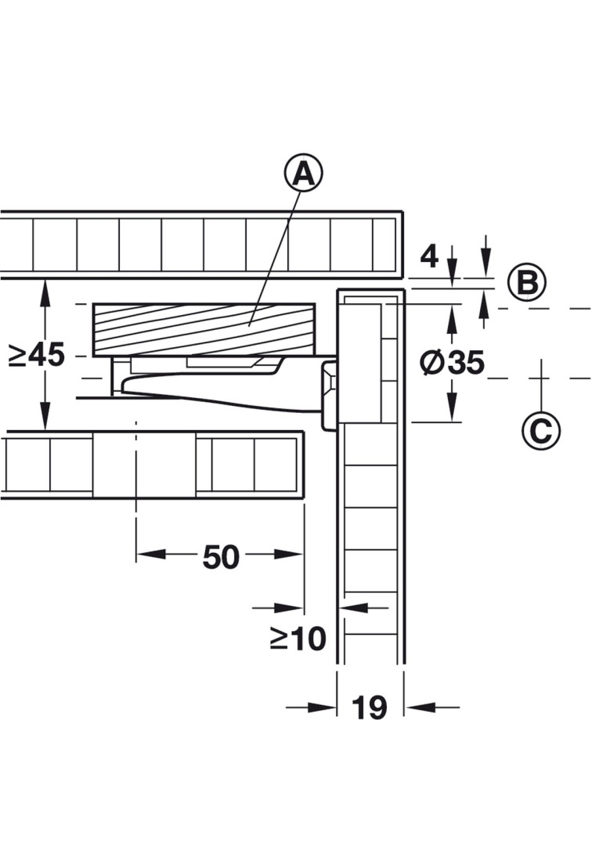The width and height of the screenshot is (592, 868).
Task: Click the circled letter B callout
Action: point(527,283)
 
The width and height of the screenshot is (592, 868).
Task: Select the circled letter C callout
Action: point(541,431)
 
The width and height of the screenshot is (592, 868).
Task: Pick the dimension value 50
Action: point(221,557)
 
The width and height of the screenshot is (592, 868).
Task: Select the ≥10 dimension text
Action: point(298,638)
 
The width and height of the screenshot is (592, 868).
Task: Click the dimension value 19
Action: point(370,708)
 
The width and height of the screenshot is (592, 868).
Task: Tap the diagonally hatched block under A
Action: point(204,329)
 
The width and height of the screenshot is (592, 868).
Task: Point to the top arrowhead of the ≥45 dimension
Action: point(45,294)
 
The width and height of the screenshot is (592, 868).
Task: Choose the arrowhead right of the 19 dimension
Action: point(419,707)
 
